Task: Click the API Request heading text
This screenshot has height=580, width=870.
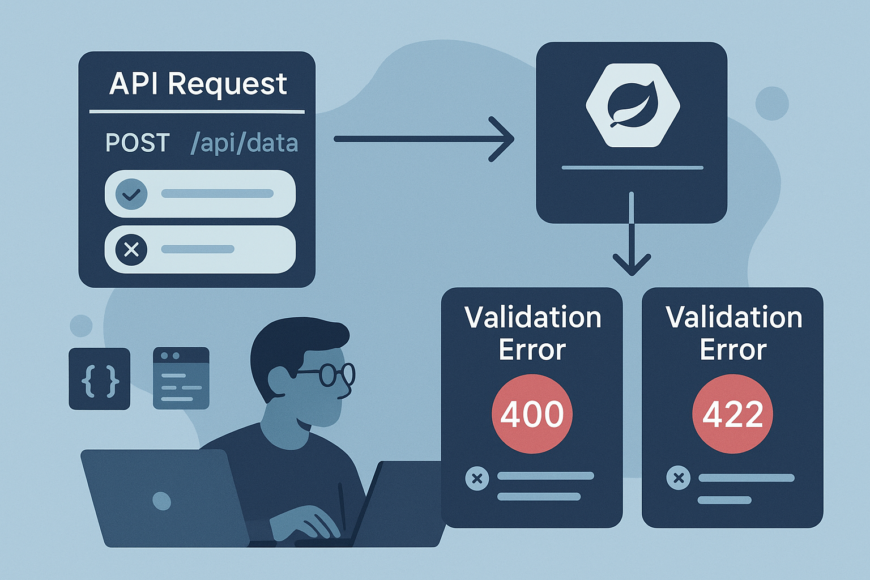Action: coord(198,84)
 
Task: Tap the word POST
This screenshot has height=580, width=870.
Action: coord(138,143)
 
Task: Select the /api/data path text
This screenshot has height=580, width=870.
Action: coord(244,143)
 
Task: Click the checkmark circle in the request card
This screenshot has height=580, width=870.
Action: coord(131,194)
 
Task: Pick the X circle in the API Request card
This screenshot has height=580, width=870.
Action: coord(131,249)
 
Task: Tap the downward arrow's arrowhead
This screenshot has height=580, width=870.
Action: coord(632,265)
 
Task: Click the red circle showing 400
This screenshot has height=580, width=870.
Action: coord(532,413)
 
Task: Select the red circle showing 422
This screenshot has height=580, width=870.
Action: coord(732,413)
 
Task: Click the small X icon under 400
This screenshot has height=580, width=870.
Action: coord(477,479)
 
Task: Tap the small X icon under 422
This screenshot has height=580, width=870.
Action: coord(678,478)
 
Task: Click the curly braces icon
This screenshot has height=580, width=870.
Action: coord(100,378)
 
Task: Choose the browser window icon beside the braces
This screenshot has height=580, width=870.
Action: coord(181,378)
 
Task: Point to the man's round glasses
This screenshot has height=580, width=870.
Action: coord(334,374)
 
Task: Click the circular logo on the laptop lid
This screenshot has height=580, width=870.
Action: coord(162,501)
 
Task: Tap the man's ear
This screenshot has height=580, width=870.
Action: coord(279,378)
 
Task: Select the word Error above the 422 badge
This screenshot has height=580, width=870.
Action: coord(733,349)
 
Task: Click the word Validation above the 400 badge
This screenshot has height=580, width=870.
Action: coord(532,317)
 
